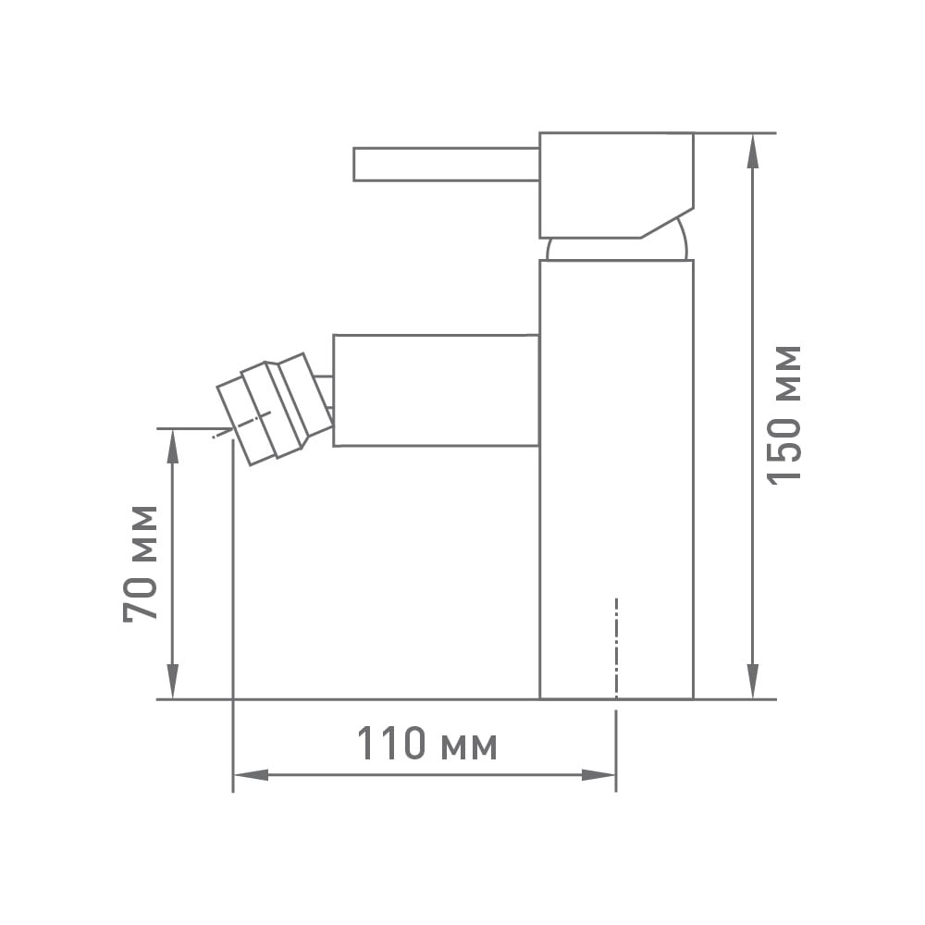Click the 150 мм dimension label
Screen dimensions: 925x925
(x=784, y=415)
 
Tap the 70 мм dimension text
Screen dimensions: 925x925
(x=141, y=563)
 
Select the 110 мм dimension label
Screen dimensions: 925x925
(x=427, y=744)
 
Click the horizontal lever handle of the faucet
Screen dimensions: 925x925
(x=447, y=164)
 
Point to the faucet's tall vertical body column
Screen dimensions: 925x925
(x=616, y=479)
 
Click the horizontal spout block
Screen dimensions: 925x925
(x=437, y=390)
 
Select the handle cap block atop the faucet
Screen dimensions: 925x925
(x=616, y=185)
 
